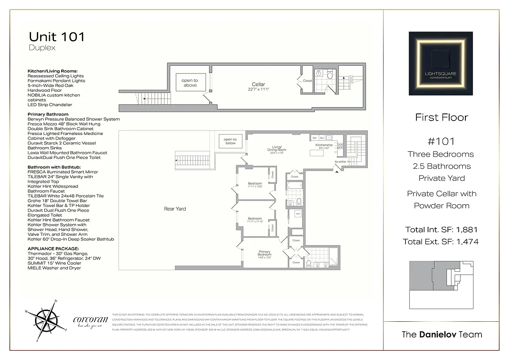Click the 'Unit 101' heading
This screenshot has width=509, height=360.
tap(57, 36)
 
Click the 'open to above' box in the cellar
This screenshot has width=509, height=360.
tap(190, 83)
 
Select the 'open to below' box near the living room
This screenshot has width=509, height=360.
tap(230, 141)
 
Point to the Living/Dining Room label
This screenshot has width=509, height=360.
tap(277, 150)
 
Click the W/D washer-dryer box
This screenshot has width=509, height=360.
tap(298, 214)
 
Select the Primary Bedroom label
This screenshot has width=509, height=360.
tap(264, 254)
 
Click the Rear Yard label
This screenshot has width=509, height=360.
tap(175, 209)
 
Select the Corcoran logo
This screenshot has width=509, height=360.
tap(90, 321)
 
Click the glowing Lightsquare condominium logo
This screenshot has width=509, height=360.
tap(441, 63)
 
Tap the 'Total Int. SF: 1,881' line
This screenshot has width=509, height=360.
tap(441, 229)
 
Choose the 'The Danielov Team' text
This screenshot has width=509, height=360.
tap(441, 334)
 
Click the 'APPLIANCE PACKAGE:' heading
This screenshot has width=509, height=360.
tap(53, 248)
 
